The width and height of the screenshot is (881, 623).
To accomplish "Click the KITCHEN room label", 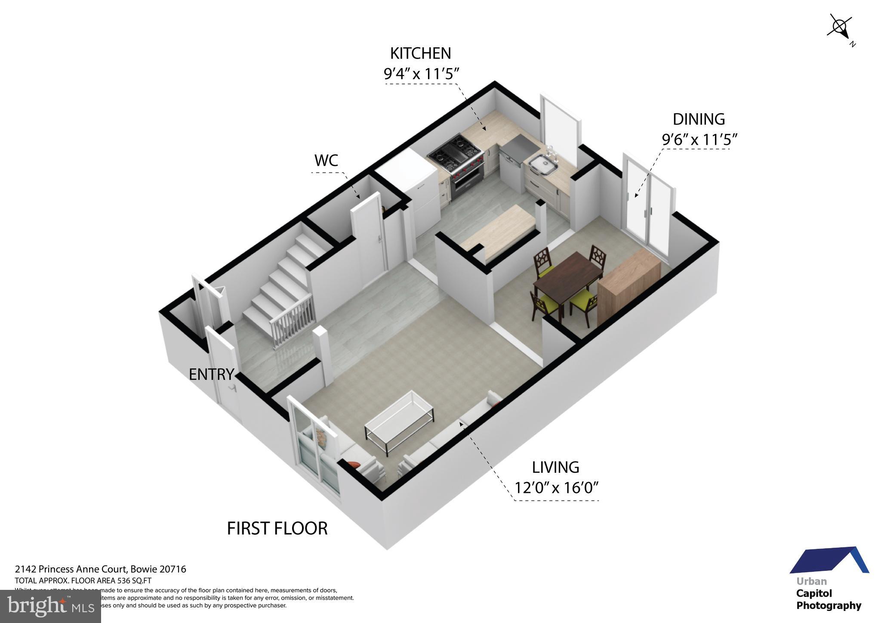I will [x=420, y=53].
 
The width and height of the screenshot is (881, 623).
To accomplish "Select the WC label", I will [x=326, y=161].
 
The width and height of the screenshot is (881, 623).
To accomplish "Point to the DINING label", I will [x=699, y=119].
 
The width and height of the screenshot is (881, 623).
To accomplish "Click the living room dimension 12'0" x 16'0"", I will [x=557, y=488].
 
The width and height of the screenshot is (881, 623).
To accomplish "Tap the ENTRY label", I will [x=211, y=375].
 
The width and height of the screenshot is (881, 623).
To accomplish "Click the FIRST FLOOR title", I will [x=277, y=528].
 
